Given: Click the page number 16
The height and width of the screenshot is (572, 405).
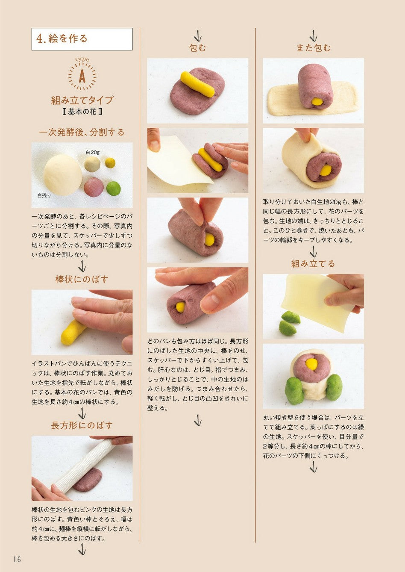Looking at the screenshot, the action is tap(17, 559).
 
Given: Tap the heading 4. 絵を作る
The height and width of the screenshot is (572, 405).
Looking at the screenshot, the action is tap(62, 38).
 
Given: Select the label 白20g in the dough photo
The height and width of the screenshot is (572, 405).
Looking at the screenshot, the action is tap(93, 153).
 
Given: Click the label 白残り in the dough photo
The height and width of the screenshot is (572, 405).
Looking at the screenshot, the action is tap(44, 195).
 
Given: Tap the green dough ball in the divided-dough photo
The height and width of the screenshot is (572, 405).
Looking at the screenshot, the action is tap(113, 189).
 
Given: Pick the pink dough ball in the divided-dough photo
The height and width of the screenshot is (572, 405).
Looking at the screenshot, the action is tap(94, 187).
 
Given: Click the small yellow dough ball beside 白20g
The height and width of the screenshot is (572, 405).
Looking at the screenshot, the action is tap(110, 163).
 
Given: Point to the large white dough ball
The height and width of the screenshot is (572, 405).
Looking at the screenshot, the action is tap(62, 175).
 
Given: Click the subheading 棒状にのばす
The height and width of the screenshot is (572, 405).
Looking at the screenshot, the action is tap(82, 279).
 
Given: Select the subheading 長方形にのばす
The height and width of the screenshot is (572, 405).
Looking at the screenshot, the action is tap(82, 425).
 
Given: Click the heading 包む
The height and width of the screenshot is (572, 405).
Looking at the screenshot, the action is tap(197, 48).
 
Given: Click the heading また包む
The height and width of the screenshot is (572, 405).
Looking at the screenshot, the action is tap(314, 48).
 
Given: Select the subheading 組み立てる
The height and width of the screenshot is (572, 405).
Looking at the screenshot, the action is tap(313, 263).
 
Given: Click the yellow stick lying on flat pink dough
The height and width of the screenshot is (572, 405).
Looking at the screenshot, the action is tap(197, 84).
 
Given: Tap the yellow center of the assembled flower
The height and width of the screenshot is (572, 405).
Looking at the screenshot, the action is tap(311, 364).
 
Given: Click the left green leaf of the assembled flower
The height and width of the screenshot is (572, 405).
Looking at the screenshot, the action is tap(295, 391).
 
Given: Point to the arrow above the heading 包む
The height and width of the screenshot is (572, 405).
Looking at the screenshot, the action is tap(197, 36).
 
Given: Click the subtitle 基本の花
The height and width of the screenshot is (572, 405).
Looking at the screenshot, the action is tap(82, 112).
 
